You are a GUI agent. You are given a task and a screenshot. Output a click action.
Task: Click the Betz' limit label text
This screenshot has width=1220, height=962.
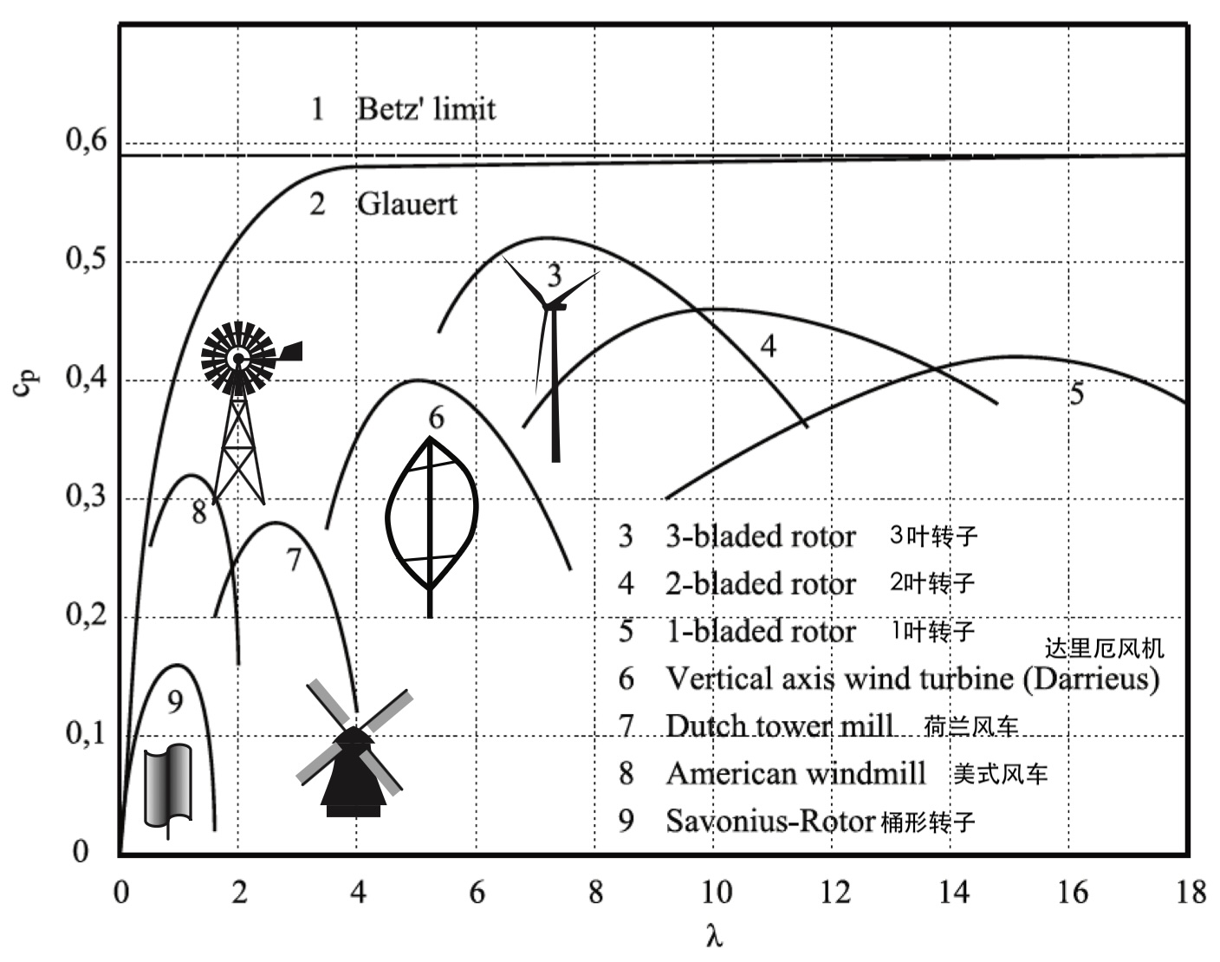point(426,108)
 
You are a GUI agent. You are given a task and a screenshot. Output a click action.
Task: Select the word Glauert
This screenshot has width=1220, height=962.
point(406,205)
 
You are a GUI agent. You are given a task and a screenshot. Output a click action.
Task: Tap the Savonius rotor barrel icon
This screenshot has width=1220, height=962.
point(168,789)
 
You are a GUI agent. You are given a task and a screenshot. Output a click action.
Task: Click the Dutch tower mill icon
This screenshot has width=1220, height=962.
point(355,749)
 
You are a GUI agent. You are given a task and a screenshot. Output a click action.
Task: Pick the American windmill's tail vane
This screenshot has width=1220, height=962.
point(290,351)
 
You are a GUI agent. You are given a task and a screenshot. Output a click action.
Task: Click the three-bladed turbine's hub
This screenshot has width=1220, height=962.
point(548,306)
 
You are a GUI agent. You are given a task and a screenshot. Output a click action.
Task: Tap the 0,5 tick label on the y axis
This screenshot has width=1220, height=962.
point(86,258)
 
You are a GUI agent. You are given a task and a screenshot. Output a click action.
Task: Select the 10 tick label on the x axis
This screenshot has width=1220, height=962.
point(717,892)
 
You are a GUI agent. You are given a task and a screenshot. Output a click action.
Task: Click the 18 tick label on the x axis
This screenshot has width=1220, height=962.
point(1191,892)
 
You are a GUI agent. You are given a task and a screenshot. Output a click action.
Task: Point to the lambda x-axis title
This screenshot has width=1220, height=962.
point(714,936)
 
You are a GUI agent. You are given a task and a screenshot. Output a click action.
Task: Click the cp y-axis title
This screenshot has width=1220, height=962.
point(25,383)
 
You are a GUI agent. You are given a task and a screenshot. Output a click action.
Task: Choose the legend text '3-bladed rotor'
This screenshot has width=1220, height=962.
point(760,536)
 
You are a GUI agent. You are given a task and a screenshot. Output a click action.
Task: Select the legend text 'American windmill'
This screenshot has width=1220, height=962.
point(795,773)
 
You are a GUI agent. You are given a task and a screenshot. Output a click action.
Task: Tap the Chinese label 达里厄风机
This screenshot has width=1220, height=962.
point(1105,648)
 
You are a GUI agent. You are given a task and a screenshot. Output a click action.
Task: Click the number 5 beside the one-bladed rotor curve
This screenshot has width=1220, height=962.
point(1076,393)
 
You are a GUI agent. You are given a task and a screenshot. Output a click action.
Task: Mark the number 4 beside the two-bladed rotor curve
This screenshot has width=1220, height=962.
point(769,346)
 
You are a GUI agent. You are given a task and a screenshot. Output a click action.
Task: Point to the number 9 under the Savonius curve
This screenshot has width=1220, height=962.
point(175,702)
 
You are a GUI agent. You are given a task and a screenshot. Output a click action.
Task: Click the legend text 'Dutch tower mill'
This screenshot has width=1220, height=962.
point(780,725)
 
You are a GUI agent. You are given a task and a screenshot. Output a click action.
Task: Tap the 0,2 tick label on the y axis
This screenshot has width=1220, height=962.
point(86,614)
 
